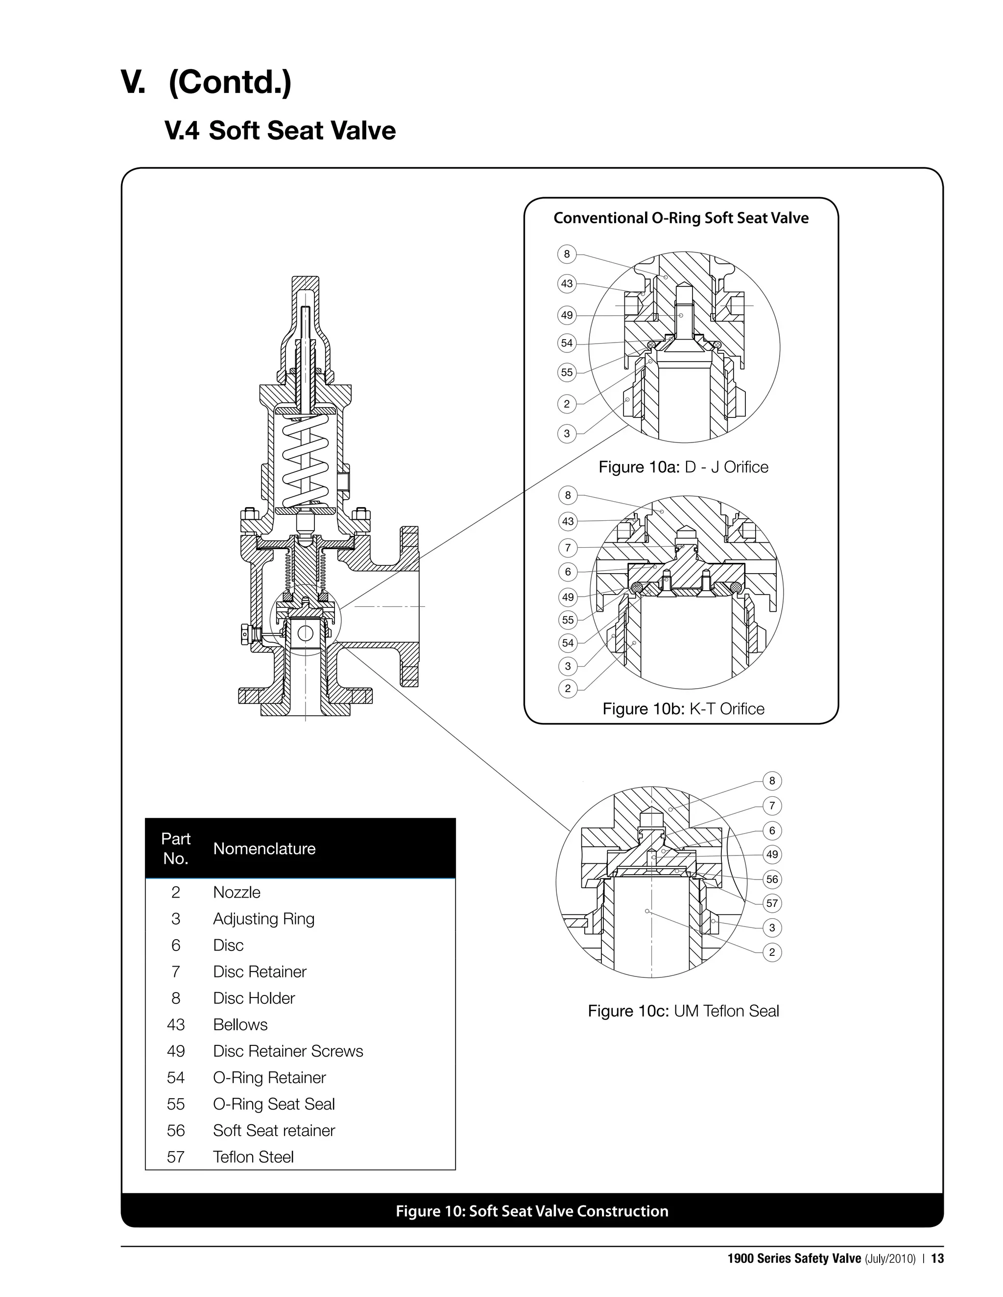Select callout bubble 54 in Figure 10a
[567, 343]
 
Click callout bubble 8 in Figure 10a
[567, 254]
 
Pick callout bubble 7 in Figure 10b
[568, 548]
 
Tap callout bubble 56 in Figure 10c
[772, 880]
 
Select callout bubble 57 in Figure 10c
[772, 904]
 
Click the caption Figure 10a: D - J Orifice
[683, 467]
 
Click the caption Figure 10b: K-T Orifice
[683, 709]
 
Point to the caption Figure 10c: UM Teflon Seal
[683, 1011]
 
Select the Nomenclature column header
[264, 849]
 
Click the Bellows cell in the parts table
[240, 1025]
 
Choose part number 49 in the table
[176, 1051]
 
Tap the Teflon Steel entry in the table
[253, 1158]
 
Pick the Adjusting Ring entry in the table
[264, 919]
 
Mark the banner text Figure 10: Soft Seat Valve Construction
[532, 1211]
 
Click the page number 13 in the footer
[938, 1258]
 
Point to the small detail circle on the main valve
[306, 620]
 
